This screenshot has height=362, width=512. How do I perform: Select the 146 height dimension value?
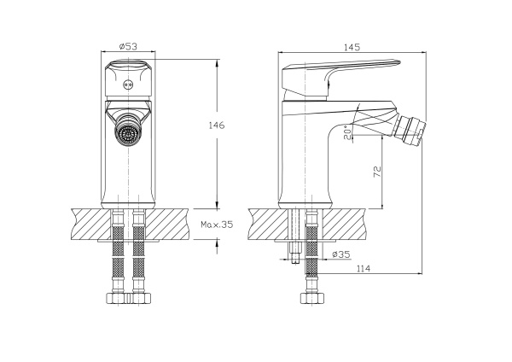(218, 126)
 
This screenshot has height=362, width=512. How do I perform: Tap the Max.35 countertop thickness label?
(216, 225)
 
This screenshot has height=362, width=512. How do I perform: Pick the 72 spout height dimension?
(376, 172)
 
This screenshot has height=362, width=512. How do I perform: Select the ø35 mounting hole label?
(341, 255)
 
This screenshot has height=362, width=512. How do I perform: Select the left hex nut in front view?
(114, 299)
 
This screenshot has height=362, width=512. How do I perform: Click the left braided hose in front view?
(115, 256)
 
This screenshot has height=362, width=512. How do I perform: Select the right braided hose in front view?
(140, 256)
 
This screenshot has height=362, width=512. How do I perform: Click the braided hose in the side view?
(312, 260)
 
